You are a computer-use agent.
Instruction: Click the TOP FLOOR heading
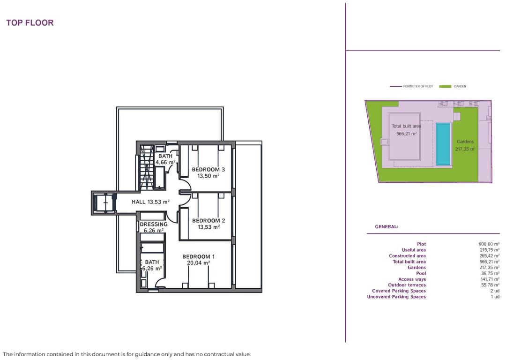click(30, 23)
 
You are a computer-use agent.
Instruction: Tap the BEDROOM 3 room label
click(208, 170)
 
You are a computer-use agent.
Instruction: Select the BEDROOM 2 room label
click(208, 221)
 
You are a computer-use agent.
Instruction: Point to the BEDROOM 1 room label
click(199, 257)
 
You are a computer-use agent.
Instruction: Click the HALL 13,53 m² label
click(151, 202)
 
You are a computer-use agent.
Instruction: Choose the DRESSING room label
click(154, 225)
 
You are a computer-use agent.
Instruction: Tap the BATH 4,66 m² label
click(165, 159)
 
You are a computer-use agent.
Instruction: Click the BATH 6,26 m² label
click(152, 265)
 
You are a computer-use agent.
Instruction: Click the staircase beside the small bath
click(147, 167)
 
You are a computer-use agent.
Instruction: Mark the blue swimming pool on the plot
click(443, 144)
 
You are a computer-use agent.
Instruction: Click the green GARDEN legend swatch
click(445, 87)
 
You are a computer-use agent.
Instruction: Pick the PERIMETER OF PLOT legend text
click(418, 87)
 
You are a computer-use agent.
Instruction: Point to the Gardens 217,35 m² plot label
click(465, 145)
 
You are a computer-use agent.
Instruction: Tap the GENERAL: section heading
click(387, 227)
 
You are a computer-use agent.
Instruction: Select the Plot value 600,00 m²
click(489, 244)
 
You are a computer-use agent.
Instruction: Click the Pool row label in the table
click(421, 273)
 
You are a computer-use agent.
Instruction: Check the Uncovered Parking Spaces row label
click(396, 297)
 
